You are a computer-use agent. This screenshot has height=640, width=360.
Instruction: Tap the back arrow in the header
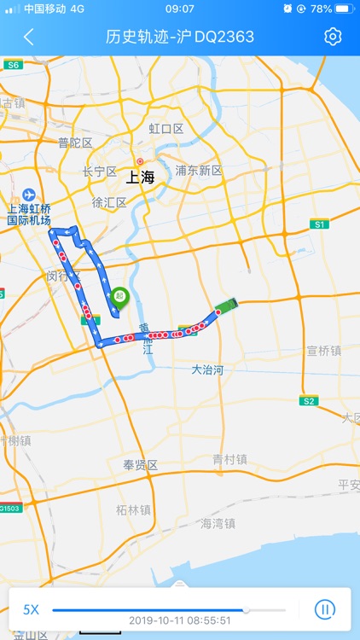[x=29, y=37]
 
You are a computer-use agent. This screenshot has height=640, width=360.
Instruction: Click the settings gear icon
[x=333, y=37]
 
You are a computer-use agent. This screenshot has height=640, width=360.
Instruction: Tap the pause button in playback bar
[x=324, y=609]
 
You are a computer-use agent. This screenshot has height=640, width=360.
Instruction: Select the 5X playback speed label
[x=31, y=609]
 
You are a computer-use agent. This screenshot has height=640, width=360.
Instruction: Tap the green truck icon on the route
[x=226, y=305]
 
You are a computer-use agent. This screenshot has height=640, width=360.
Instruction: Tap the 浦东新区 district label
[x=199, y=171]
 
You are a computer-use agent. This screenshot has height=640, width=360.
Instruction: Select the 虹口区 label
[x=166, y=129]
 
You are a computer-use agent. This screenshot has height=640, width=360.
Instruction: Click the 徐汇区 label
[x=109, y=202]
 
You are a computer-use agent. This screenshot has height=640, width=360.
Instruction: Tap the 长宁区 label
[x=99, y=172]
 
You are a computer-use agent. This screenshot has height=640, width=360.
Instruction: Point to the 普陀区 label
[x=75, y=143]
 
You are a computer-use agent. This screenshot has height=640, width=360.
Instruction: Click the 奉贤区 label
[x=141, y=465]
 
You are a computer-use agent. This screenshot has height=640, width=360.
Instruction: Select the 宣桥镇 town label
[x=323, y=351]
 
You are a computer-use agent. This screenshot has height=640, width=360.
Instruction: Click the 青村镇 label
[x=229, y=459]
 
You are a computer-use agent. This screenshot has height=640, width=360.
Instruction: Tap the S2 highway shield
[x=309, y=400]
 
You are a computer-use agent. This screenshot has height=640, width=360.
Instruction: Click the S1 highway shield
[x=319, y=224]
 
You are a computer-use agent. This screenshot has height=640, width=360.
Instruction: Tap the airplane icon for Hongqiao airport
[x=29, y=195]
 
